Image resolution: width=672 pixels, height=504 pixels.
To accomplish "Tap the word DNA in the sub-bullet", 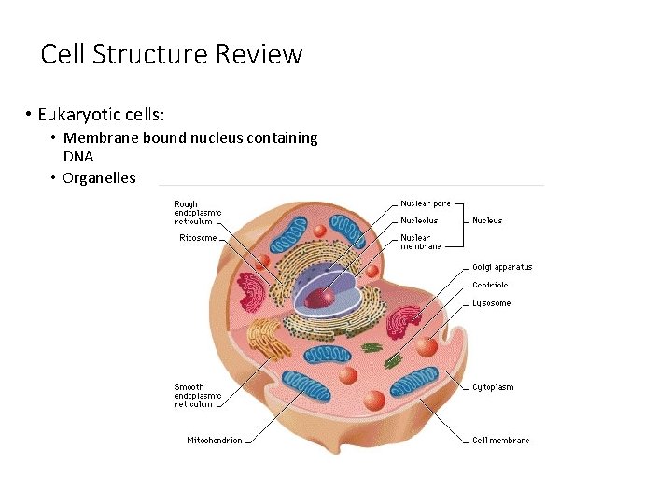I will tap(78, 157).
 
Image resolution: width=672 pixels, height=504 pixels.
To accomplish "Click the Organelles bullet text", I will tap(99, 177).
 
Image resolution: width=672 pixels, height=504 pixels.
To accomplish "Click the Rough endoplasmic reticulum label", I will tap(198, 212).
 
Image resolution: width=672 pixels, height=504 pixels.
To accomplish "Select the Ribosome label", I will tap(198, 238).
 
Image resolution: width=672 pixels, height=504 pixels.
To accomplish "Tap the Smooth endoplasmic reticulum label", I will tap(198, 396).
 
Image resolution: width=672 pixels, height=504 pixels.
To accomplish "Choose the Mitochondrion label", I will tap(214, 441).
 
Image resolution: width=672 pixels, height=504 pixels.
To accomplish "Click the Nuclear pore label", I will tap(426, 203).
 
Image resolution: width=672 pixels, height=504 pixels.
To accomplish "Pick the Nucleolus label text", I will tap(419, 221).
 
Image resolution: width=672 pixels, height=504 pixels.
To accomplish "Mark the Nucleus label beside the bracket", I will tap(487, 221).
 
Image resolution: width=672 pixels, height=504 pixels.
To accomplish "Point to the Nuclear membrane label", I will tap(421, 242).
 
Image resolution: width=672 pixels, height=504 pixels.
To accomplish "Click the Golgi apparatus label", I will tap(501, 267).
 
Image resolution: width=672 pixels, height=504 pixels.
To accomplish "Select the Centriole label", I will tap(490, 286).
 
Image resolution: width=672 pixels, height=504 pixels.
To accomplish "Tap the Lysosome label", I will tap(491, 303).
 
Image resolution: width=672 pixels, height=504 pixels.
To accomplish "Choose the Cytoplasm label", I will tap(492, 387).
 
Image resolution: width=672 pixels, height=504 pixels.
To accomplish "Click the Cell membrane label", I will tap(500, 441).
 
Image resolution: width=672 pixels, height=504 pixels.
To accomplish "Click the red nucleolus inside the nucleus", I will tap(320, 298).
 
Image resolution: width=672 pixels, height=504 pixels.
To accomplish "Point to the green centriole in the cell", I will tap(371, 347).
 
